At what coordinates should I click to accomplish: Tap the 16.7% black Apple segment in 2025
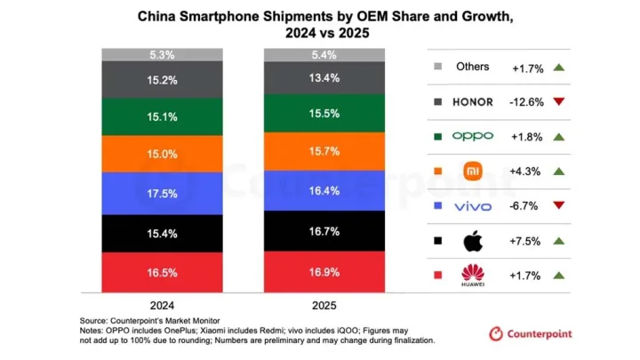click(324, 231)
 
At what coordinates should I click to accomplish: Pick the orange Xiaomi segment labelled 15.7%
click(324, 152)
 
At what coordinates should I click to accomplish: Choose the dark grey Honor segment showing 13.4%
click(324, 79)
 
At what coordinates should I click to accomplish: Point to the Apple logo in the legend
click(471, 240)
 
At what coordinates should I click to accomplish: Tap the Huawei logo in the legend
click(472, 276)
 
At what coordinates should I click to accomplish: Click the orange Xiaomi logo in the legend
click(472, 171)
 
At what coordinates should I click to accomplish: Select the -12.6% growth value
click(526, 101)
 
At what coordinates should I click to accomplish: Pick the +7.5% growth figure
click(526, 241)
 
